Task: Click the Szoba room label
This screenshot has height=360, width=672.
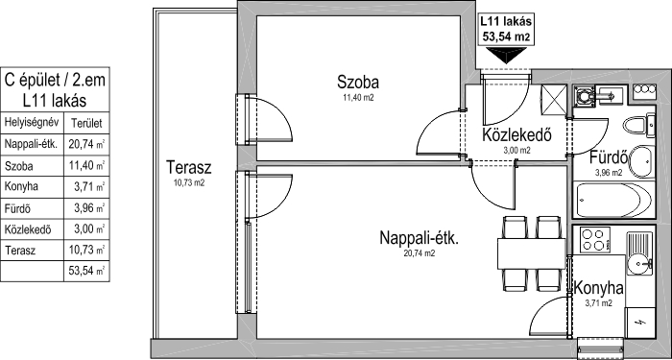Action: (x=358, y=82)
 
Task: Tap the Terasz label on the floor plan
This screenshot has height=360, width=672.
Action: (x=188, y=167)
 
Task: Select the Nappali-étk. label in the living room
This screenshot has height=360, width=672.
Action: (x=420, y=238)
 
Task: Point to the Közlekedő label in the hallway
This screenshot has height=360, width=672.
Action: (x=516, y=134)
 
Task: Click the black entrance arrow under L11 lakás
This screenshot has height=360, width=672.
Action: (x=506, y=55)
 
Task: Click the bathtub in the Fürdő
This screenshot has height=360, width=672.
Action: (x=614, y=200)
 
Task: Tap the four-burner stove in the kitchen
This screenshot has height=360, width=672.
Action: (x=595, y=240)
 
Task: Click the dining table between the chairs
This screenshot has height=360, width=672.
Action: (x=532, y=252)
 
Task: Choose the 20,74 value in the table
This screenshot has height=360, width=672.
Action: (x=81, y=144)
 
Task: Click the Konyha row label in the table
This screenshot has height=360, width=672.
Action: (x=21, y=187)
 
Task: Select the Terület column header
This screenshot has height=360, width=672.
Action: (x=86, y=124)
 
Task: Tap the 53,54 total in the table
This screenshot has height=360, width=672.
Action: (x=81, y=271)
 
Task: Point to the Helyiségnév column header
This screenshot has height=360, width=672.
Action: (x=31, y=124)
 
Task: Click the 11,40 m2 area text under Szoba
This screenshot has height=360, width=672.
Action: (x=358, y=98)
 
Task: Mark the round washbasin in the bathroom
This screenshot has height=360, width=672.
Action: (x=641, y=161)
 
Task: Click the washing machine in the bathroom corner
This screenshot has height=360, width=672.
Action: (x=584, y=96)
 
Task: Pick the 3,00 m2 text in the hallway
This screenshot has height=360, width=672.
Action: (x=516, y=150)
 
